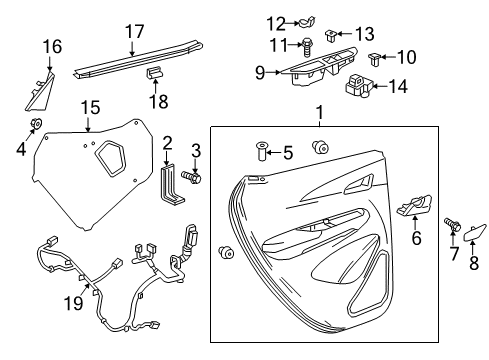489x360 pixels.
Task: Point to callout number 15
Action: tap(90, 107)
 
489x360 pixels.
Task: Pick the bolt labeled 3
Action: tap(193, 177)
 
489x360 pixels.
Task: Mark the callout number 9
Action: tap(259, 72)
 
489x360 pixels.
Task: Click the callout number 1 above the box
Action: tap(320, 117)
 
